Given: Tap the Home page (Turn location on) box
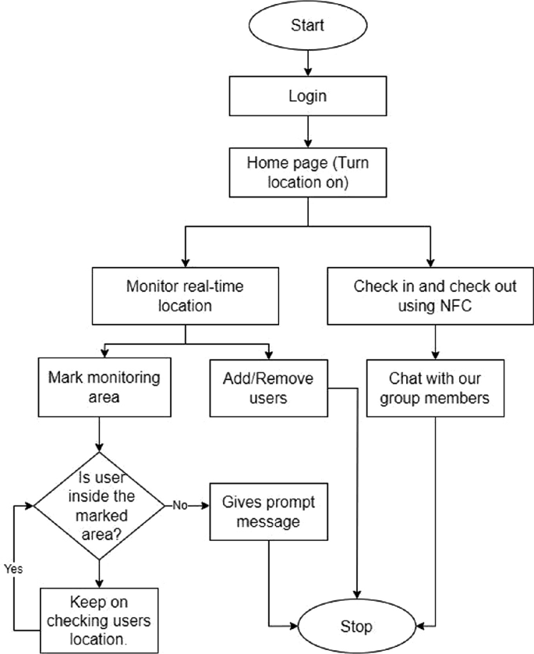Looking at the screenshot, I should point(307,173).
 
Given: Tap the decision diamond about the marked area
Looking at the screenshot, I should point(98,505).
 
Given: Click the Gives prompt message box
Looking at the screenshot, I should point(268,510).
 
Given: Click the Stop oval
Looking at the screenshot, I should point(357,626).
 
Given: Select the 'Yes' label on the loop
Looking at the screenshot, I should point(13,568).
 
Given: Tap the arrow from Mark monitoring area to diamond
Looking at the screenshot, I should point(98,433).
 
